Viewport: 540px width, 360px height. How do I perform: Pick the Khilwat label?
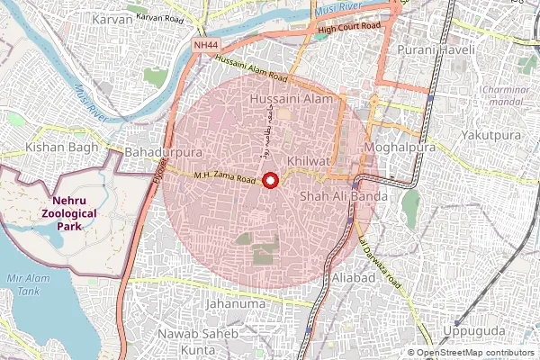click(x=307, y=159)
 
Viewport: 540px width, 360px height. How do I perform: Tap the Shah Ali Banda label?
click(x=343, y=195)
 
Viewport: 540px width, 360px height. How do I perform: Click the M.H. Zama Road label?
click(x=225, y=178)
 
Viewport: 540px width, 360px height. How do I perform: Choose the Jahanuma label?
click(x=236, y=304)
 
